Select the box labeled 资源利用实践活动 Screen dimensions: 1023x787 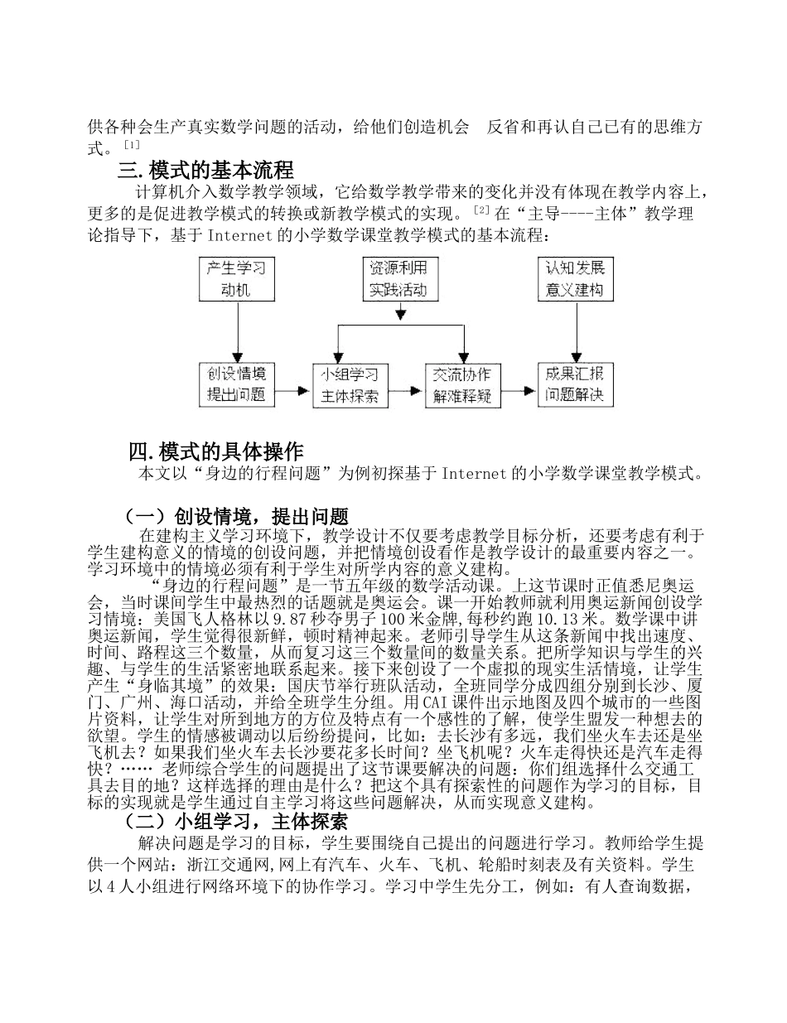pyautogui.click(x=401, y=279)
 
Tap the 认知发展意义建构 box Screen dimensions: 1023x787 pyautogui.click(x=574, y=279)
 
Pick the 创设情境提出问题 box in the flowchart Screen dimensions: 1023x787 pyautogui.click(x=236, y=384)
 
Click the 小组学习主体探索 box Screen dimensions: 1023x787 pyautogui.click(x=349, y=385)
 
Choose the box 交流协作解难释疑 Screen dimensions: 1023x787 pyautogui.click(x=461, y=385)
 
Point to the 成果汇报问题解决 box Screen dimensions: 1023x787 pyautogui.click(x=574, y=384)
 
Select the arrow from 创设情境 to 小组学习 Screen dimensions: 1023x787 pyautogui.click(x=292, y=386)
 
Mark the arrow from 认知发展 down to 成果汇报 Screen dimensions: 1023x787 pyautogui.click(x=574, y=331)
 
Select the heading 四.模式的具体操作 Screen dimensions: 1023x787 pyautogui.click(x=216, y=452)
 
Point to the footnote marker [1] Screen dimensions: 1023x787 pyautogui.click(x=131, y=146)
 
